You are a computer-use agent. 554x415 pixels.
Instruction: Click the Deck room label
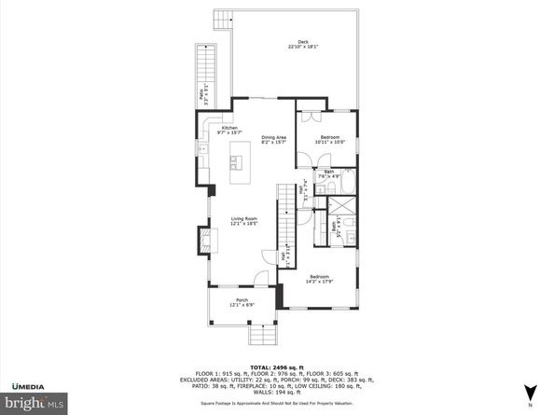pos(302,45)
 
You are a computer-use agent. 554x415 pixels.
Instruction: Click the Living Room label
pos(243,222)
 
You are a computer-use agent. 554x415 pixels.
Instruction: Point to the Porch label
pos(242,302)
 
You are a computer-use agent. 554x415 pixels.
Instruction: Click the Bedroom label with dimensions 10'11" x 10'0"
pos(329,140)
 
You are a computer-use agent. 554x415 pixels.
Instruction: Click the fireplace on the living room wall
pos(202,241)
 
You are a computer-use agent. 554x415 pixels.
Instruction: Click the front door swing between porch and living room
pos(263,279)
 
